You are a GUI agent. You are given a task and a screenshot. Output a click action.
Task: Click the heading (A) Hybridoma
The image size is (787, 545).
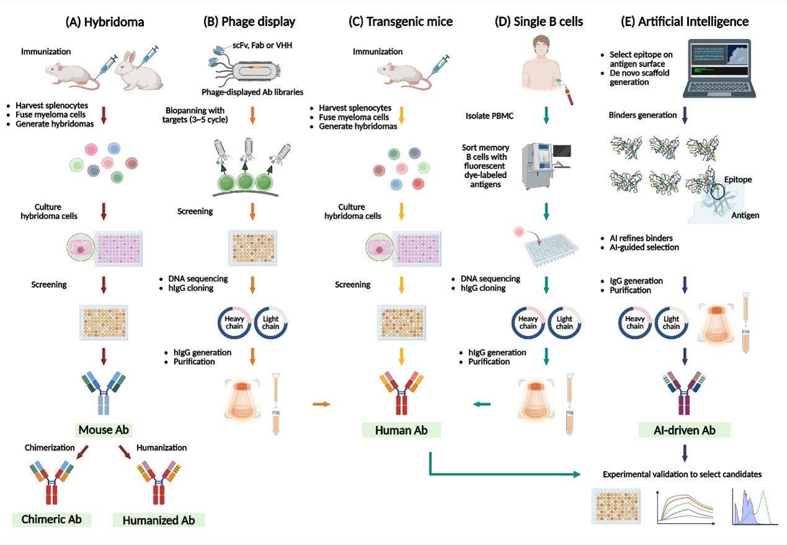coord(104,22)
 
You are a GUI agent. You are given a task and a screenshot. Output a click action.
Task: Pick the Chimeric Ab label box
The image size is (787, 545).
coord(52,519)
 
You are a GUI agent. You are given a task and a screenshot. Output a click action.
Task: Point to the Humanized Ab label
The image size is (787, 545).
coord(158,520)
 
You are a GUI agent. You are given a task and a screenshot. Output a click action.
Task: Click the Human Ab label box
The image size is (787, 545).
coord(402,430)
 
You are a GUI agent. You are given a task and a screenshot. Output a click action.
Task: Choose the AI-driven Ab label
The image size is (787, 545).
coord(685,430)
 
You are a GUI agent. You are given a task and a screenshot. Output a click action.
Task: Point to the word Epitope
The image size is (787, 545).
coord(738,179)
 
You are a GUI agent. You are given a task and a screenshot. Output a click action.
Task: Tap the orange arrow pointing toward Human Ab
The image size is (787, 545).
coord(321,405)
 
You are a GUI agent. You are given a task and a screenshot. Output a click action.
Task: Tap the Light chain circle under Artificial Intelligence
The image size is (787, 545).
coord(671,322)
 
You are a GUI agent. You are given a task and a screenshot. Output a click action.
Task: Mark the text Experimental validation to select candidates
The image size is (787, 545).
coord(682,474)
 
